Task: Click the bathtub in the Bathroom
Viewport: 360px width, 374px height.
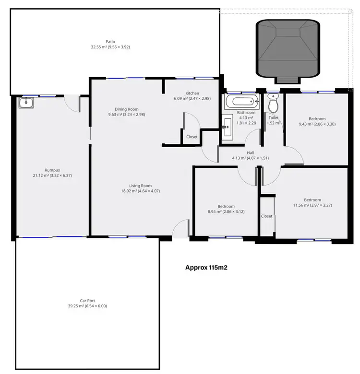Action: pos(241,102)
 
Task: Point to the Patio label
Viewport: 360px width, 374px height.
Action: pos(110,42)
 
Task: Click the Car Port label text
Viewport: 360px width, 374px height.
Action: pos(87,300)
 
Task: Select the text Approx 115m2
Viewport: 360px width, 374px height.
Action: pos(206,268)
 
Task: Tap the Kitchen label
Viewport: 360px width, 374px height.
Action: pos(192,93)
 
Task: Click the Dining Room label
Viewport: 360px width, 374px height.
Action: pos(126,109)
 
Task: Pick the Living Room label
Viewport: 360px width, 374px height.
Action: pos(140,186)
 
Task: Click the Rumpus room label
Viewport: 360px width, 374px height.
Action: pos(52,170)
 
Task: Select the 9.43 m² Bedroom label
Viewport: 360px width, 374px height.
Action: pos(317,119)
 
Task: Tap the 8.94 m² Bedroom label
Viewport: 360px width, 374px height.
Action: pos(226,206)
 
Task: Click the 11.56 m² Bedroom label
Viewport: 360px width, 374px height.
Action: pos(312,200)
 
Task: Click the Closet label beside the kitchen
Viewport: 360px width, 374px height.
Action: pos(192,137)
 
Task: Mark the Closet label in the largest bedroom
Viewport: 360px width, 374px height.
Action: pos(266,216)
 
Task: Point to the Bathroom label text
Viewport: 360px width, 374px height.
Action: pos(246,113)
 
